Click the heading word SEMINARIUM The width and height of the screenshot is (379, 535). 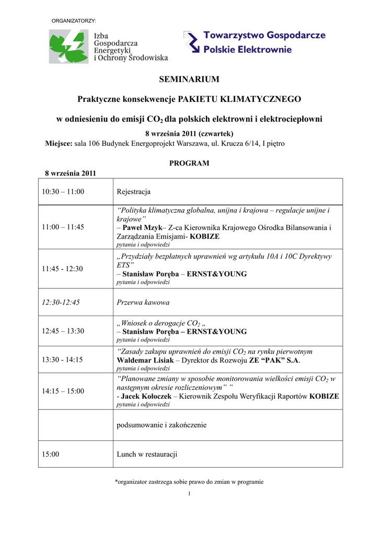coord(189,79)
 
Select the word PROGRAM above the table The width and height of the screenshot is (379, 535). coord(189,163)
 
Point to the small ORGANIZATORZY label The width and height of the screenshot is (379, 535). coord(74,20)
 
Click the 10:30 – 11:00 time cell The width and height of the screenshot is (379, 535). coord(63,192)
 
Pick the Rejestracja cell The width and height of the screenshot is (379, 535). coord(134,192)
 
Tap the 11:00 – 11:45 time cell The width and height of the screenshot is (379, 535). coord(63,227)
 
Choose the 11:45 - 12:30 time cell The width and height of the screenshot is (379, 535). coord(63,269)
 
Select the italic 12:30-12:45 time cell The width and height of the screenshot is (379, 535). coord(61,302)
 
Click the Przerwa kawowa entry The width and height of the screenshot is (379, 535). coord(143,302)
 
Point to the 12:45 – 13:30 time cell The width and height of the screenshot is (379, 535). coord(63,331)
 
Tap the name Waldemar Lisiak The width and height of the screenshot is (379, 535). coord(143,360)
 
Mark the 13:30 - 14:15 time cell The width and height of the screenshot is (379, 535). coord(63,360)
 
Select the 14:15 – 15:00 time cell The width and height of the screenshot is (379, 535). coord(63,391)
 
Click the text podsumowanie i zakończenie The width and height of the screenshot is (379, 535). coord(162,425)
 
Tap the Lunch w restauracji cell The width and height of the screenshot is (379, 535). coord(147,455)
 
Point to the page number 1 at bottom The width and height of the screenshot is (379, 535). coord(189,494)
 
